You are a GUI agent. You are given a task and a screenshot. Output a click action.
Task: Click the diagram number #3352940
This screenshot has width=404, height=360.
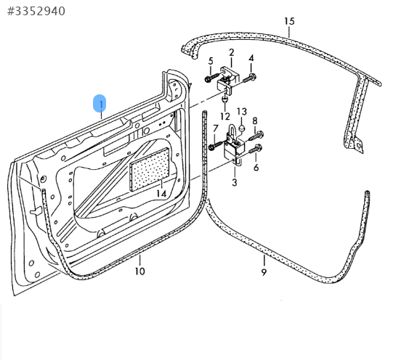click(36, 12)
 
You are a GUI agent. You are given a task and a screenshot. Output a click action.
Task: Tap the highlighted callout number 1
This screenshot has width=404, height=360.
click(100, 104)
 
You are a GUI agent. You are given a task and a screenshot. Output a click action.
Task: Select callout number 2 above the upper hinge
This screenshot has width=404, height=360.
click(231, 53)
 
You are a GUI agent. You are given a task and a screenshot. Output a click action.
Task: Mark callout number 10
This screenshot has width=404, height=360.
click(140, 271)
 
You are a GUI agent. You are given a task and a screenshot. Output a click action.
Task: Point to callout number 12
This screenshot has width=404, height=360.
click(225, 116)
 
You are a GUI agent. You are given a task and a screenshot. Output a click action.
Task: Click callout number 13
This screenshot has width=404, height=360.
click(242, 112)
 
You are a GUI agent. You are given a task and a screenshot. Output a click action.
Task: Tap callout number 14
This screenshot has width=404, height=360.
click(161, 194)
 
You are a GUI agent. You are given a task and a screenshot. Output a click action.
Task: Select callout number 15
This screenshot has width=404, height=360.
click(289, 21)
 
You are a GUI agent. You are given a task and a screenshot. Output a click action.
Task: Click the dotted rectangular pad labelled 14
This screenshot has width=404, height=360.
click(150, 170)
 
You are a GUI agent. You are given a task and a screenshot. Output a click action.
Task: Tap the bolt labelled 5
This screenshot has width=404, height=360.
click(211, 78)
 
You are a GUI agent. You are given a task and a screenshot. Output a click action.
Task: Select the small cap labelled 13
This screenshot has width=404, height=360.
click(242, 128)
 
